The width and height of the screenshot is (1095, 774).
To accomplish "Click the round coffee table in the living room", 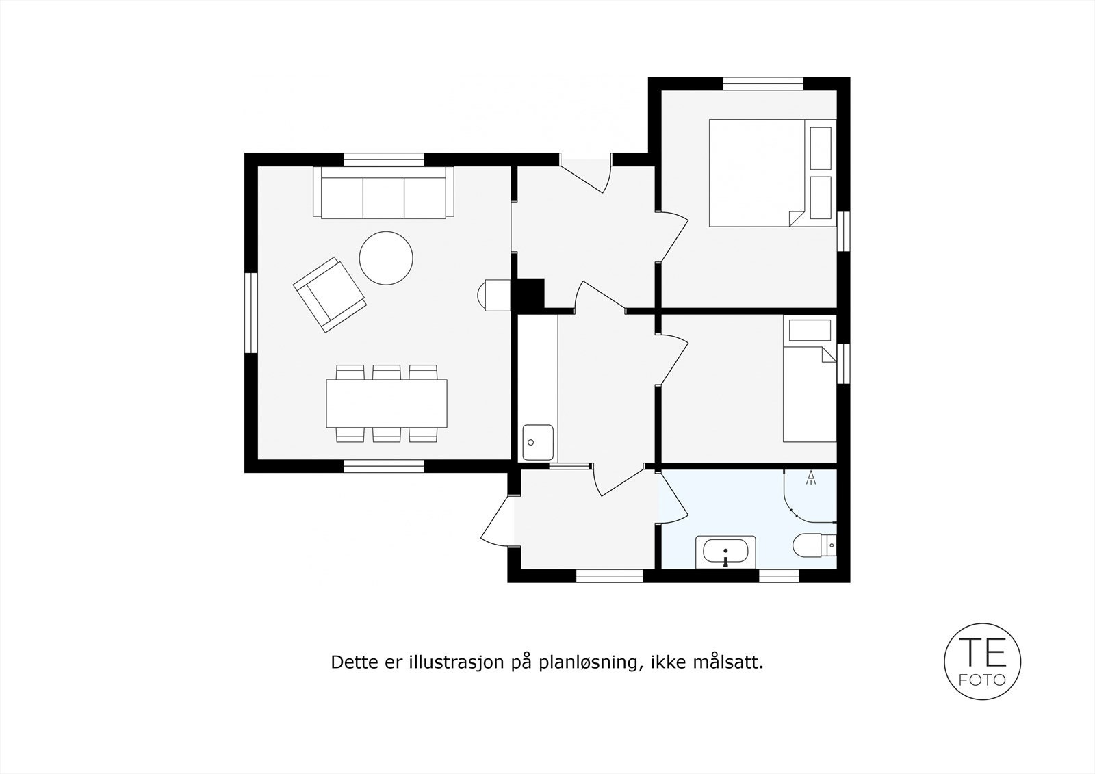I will click(x=386, y=257).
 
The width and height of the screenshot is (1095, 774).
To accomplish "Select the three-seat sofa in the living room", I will click(x=383, y=193).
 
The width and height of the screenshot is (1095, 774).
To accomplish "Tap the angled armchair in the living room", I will click(x=329, y=294).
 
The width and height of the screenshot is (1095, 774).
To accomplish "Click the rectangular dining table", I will click(x=387, y=402).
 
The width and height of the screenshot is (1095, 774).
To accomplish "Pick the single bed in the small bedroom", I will click(x=810, y=394).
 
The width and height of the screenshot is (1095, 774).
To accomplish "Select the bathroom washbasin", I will click(x=725, y=552).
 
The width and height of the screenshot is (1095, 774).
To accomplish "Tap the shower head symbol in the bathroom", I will click(x=812, y=477).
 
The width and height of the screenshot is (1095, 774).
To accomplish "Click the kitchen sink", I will click(x=538, y=442).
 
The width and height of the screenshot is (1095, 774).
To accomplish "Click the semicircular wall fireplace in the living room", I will click(x=494, y=295).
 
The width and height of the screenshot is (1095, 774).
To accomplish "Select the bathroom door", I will click(x=673, y=498).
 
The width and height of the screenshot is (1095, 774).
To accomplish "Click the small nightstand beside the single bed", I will click(x=810, y=331).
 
